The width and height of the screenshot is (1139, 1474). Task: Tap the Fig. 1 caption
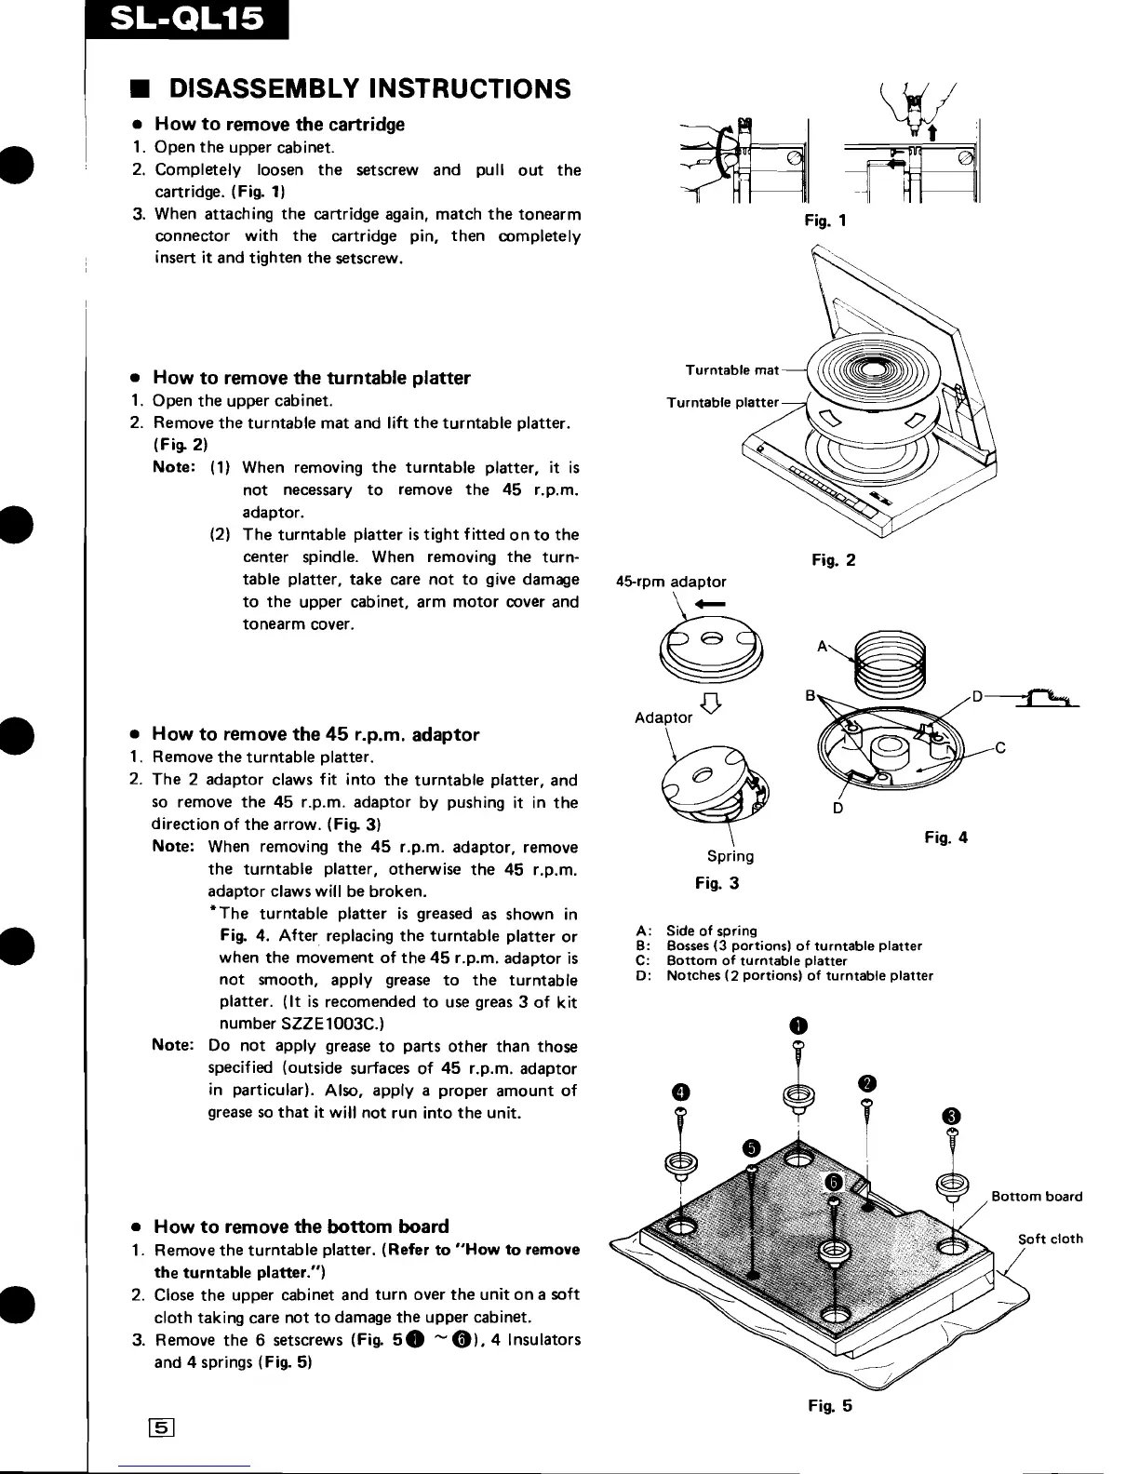[826, 221]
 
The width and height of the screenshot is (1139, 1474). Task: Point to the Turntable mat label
[731, 370]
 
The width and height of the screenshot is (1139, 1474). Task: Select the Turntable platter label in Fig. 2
[722, 402]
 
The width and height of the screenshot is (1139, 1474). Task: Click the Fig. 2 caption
[833, 560]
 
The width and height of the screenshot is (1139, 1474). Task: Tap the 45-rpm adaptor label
[672, 582]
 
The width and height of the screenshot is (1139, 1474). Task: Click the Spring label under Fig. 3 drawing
[730, 856]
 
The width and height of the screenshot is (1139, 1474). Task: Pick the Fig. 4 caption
[946, 837]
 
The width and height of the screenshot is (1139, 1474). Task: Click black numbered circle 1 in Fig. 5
[797, 1025]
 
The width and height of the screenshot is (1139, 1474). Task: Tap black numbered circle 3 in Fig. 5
[950, 1117]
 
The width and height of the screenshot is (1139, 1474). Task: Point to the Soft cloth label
[1050, 1239]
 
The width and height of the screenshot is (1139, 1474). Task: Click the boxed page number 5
[167, 1427]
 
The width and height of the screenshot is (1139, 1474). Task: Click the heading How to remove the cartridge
[279, 124]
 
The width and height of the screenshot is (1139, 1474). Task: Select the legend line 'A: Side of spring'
[697, 931]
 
